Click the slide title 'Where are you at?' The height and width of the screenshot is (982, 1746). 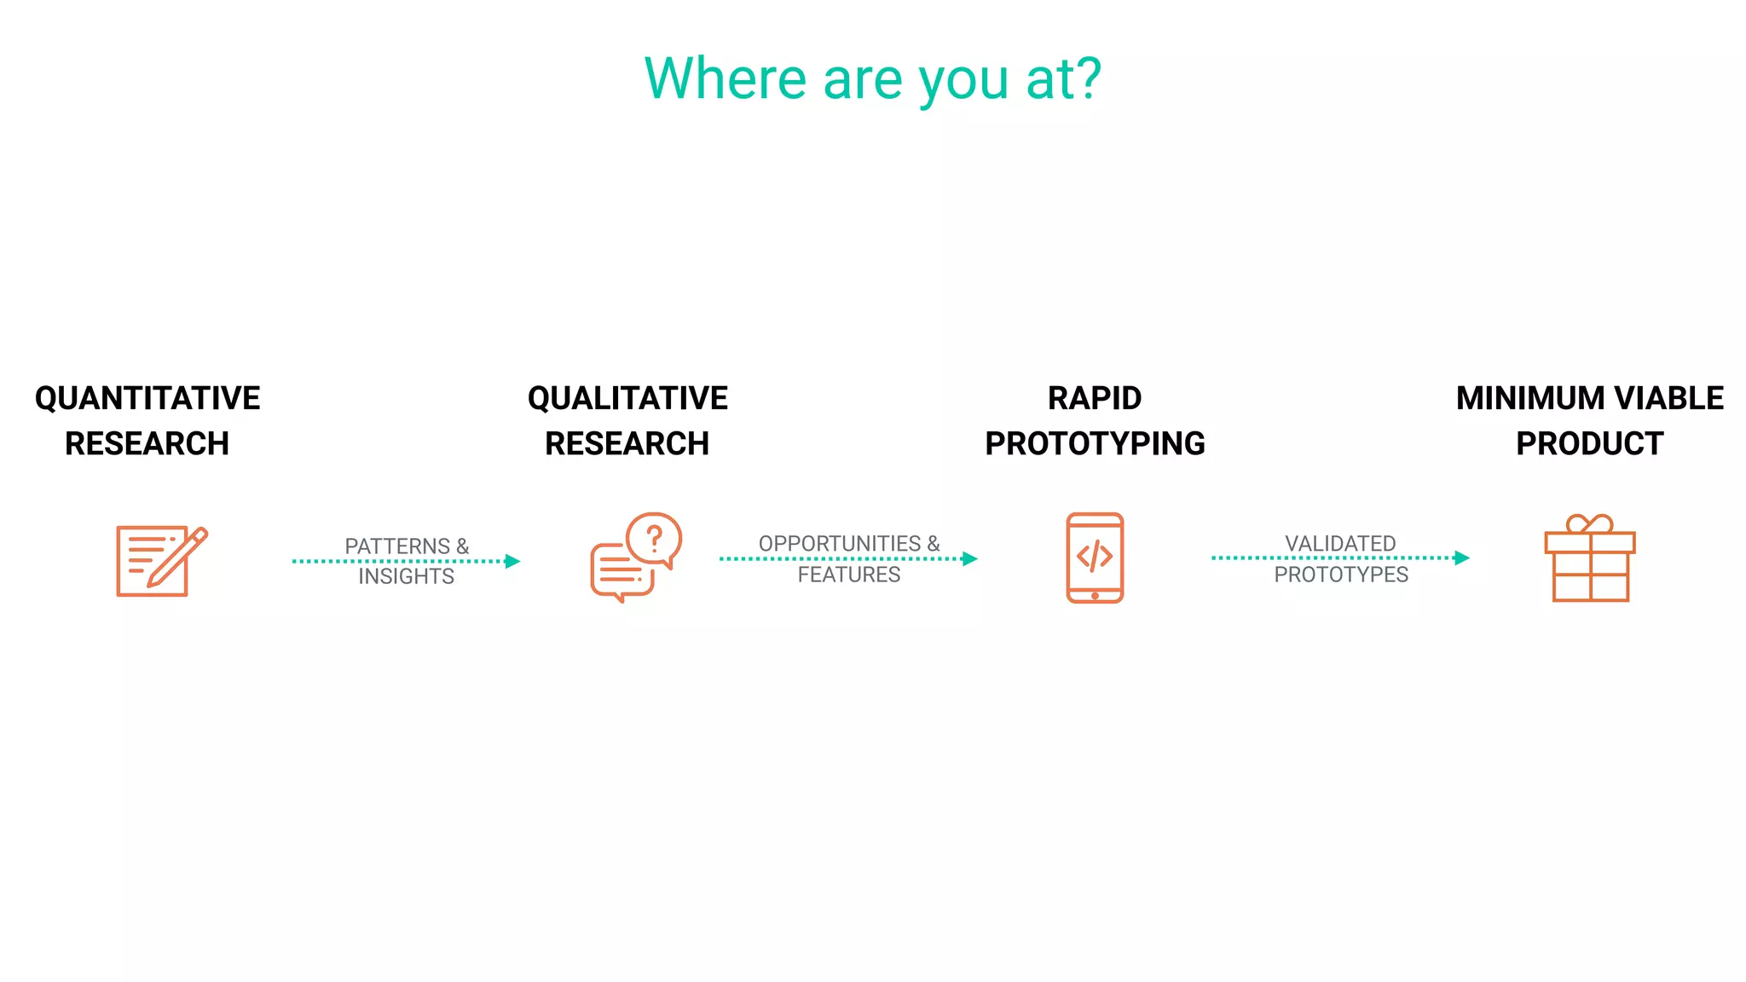[872, 78]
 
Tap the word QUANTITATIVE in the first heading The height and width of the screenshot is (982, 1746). [147, 398]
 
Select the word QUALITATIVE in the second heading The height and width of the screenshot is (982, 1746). [627, 398]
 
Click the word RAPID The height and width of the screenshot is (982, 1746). [1094, 398]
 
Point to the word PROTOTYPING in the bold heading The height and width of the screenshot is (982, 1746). [1095, 443]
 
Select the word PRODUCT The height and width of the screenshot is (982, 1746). [1589, 443]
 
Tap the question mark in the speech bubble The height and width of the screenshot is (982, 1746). [655, 538]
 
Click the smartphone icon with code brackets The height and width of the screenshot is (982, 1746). [1095, 557]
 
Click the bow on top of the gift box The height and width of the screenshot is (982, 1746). [1590, 523]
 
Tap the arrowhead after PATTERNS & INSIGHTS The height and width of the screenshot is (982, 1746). [512, 561]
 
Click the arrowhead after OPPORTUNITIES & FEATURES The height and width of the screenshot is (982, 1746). [969, 558]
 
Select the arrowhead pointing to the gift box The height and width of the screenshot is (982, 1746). [1461, 557]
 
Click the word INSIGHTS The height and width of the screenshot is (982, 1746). [406, 577]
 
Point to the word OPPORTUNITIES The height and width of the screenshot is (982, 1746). [840, 544]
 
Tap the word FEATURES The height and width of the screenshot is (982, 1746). [848, 575]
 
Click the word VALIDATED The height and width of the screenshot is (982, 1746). [1340, 543]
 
